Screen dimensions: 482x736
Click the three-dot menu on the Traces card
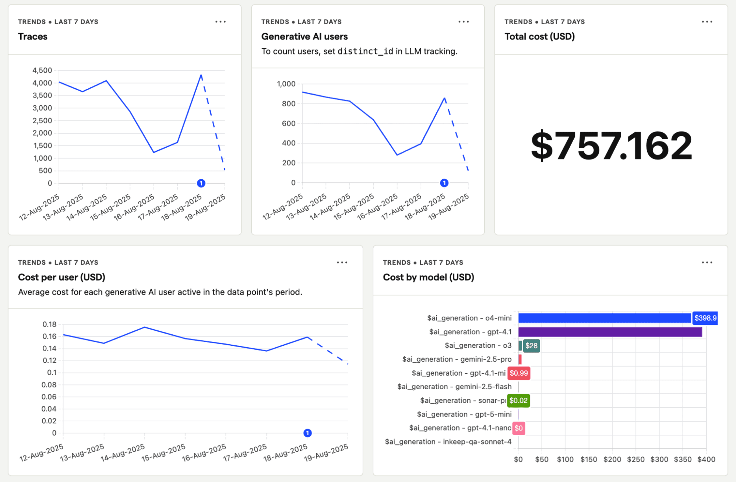point(221,22)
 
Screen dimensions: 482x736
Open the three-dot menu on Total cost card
point(707,22)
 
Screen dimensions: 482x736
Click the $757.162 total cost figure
point(611,146)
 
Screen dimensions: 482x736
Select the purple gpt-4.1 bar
point(610,332)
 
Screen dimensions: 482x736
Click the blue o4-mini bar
point(604,318)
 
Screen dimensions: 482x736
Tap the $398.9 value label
point(705,318)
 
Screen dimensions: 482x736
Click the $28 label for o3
point(531,345)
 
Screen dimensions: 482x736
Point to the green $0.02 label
point(518,400)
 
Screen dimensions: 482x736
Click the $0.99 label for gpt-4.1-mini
point(518,373)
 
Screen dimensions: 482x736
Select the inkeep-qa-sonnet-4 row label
point(448,441)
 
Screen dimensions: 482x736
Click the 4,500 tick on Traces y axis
point(42,70)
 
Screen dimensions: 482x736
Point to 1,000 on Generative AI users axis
point(286,84)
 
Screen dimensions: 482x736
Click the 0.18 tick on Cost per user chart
point(49,324)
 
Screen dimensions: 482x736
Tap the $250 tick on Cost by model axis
point(635,459)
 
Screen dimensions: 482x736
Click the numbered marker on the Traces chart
point(201,183)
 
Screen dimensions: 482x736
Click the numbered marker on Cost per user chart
point(307,433)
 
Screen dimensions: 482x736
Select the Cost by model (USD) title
point(428,277)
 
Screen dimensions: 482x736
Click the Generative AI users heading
point(304,36)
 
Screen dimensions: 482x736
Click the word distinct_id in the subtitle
point(365,51)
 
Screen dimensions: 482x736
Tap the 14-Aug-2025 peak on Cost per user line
point(145,327)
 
